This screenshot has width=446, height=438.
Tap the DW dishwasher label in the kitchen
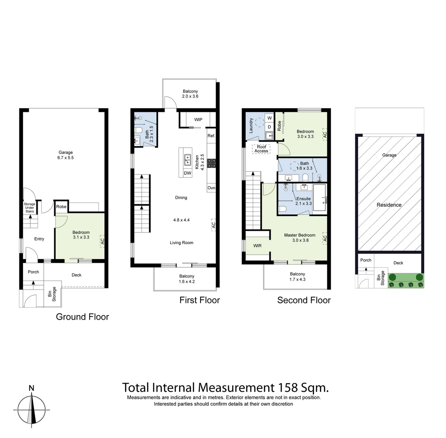point(187,173)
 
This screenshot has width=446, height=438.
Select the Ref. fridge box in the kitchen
point(211,136)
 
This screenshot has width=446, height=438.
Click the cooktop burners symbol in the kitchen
point(211,163)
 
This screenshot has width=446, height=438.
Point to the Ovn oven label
point(211,188)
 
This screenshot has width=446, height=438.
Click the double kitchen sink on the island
point(188,160)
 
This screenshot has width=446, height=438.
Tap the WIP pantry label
point(198,120)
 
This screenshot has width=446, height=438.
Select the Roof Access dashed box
point(261,148)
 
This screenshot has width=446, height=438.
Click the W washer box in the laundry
point(269,118)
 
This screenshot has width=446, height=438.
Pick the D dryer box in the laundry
point(269,127)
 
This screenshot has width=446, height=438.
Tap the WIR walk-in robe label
point(258,246)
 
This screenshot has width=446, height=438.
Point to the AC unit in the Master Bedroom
point(324,238)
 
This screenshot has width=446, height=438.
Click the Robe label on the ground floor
point(61,206)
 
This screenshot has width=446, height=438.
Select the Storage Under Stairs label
point(29,207)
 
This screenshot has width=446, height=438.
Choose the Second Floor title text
point(304,300)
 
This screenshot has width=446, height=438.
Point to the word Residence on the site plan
point(389,205)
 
